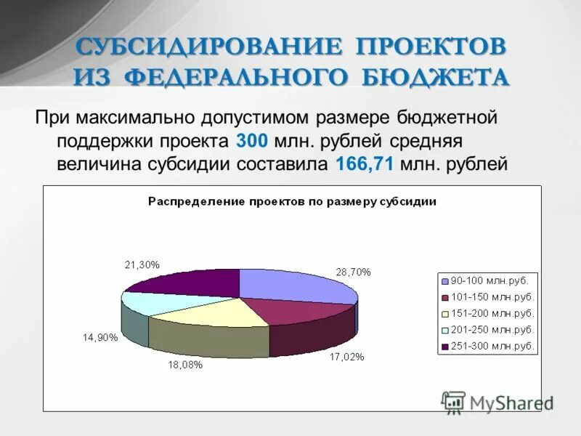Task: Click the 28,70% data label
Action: (x=353, y=272)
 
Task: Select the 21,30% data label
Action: (x=142, y=265)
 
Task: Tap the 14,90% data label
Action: (x=100, y=337)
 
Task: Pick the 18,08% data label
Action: (x=185, y=365)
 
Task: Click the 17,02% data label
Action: (x=346, y=357)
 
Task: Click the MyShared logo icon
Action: (x=453, y=402)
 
